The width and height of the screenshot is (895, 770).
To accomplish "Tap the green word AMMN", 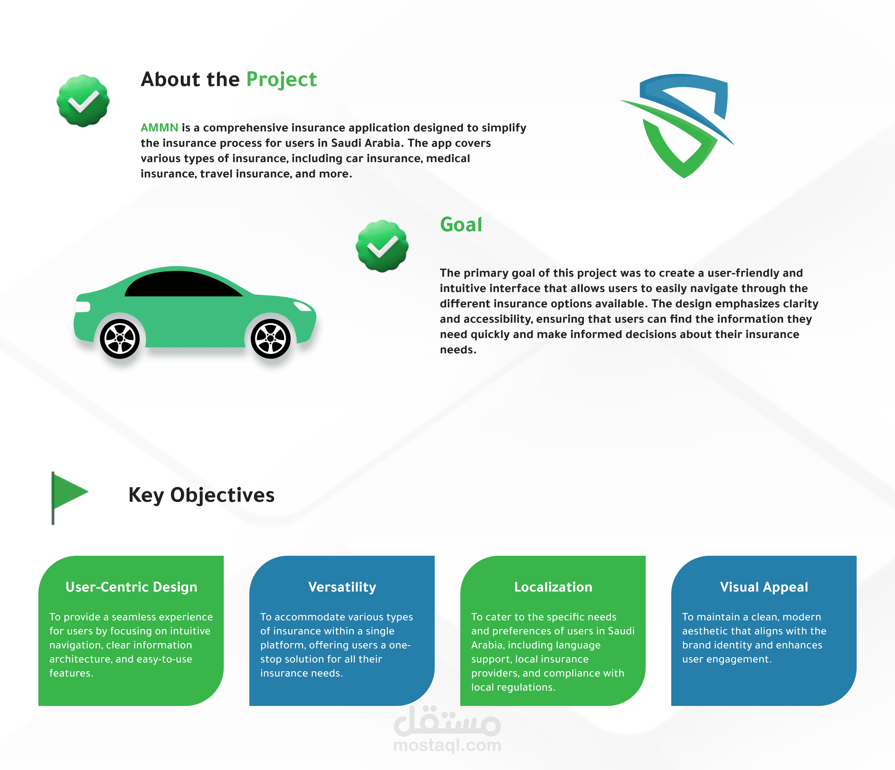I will (x=159, y=128).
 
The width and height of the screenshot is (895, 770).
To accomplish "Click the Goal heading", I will (x=461, y=225).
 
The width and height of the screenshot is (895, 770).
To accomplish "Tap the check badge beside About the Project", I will (x=83, y=101).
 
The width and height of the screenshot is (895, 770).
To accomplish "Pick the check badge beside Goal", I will (x=382, y=246).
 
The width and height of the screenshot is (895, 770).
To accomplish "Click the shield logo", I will (x=680, y=125).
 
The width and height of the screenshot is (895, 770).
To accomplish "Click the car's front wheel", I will (x=271, y=339).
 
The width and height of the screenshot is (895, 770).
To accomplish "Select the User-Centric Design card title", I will (x=131, y=587).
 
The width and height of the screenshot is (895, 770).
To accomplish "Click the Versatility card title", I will (x=342, y=587).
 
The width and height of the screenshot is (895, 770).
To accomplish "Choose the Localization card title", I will (x=553, y=587).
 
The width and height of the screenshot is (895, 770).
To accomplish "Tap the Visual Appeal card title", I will (x=764, y=587).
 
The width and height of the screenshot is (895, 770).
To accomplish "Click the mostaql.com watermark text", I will (x=447, y=745).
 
